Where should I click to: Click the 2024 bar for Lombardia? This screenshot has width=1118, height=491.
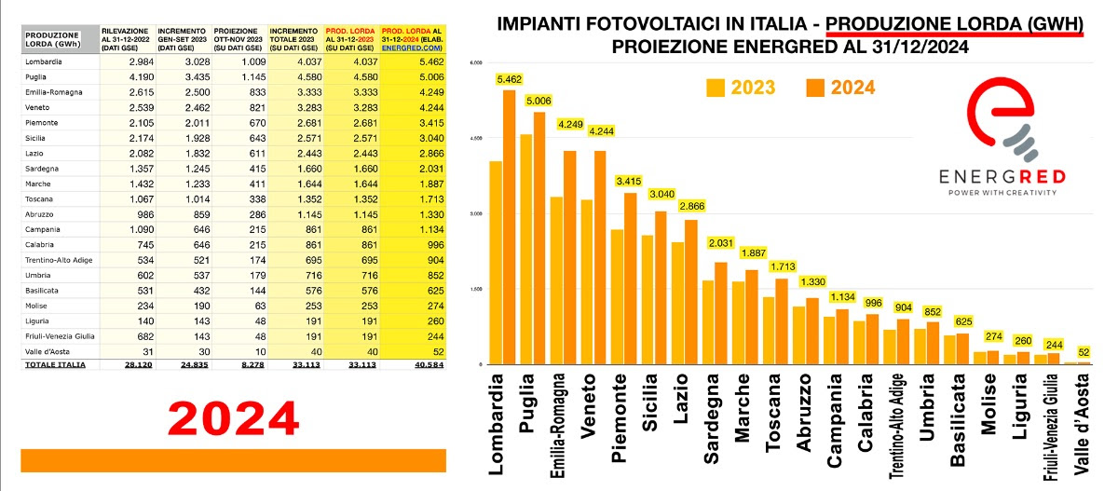coord(509,227)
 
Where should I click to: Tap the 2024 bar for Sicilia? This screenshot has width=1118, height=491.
coord(661,288)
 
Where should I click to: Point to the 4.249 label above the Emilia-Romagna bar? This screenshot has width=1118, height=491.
coord(571,124)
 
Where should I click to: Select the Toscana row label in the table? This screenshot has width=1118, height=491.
coord(41,198)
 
